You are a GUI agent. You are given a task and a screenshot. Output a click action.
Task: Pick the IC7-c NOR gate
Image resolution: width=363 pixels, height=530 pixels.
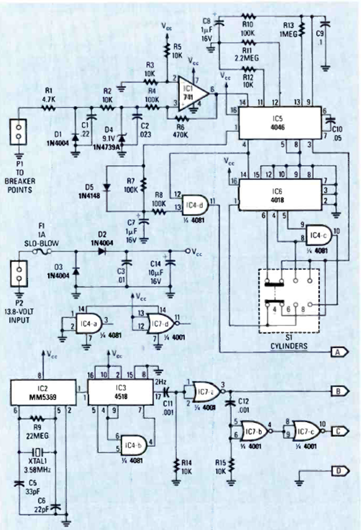pos(308,431)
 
